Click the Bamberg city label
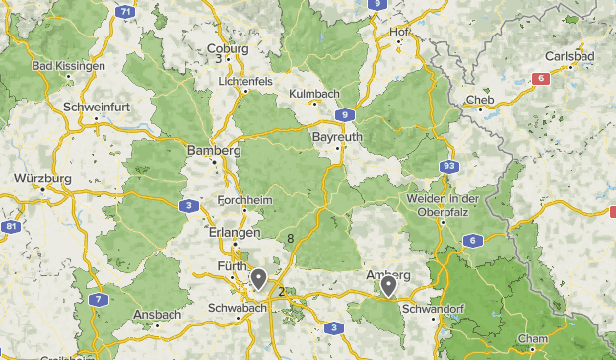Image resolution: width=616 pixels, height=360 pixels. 214,151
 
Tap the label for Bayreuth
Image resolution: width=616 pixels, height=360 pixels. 336,136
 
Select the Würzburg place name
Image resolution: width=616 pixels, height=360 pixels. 42,179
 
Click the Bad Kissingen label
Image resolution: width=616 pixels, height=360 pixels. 69,66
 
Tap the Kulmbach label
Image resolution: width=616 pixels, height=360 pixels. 314,93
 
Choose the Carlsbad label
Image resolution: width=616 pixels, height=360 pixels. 571,56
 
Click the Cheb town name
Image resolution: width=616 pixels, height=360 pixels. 480,100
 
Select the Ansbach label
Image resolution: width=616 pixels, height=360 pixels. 157,315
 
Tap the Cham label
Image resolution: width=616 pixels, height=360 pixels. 532,339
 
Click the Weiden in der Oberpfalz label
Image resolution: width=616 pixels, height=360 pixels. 443,204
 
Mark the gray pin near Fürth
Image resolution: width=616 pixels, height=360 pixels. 258,279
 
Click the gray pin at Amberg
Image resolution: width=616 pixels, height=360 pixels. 389,286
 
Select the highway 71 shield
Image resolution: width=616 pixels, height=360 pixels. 124,12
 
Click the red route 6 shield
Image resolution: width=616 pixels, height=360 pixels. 541,78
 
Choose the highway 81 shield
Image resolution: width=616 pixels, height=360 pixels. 11,227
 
